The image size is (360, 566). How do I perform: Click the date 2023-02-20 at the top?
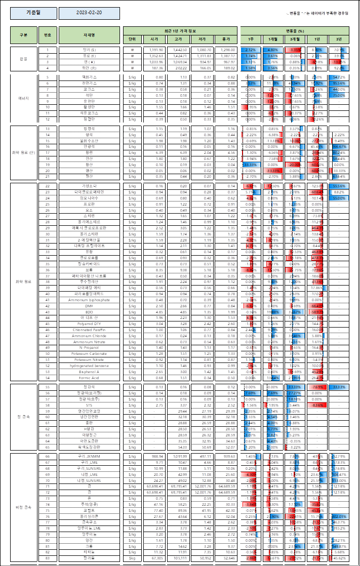pos(89,13)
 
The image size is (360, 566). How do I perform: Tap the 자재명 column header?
pos(89,35)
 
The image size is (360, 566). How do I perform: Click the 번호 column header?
pos(48,35)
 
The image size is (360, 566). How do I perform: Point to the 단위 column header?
pos(132,38)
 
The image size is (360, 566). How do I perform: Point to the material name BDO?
pos(89,312)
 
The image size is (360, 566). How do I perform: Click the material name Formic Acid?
pos(89,377)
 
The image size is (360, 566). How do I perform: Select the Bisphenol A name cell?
pos(89,372)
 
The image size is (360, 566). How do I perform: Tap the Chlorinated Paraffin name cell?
pos(89,330)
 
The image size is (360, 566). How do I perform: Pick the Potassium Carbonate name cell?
pos(89,353)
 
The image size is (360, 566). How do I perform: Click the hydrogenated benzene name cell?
pos(89,366)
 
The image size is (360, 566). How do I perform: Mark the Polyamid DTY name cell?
pos(89,324)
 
